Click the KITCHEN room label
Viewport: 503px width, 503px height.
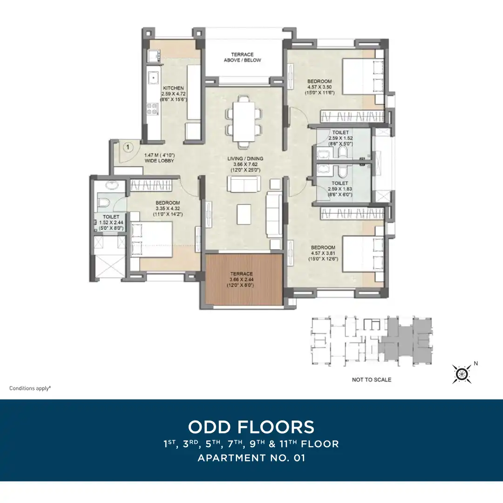pos(173,88)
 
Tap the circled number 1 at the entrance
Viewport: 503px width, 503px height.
pos(128,148)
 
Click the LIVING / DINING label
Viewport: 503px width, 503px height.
pos(245,158)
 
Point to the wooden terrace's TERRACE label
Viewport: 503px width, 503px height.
pos(242,274)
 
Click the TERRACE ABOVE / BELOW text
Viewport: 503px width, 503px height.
pos(243,57)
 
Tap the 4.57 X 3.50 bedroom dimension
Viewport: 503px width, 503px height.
pos(319,87)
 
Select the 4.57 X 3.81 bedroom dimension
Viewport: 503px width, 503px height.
pos(323,253)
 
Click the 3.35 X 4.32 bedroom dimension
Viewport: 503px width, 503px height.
pos(168,209)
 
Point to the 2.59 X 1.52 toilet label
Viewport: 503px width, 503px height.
pos(340,138)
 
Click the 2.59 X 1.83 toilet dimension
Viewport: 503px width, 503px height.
pos(340,189)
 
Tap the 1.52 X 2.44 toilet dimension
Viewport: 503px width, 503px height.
pos(111,223)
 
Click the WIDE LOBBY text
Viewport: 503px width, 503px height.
pos(159,161)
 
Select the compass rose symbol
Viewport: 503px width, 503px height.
pos(462,374)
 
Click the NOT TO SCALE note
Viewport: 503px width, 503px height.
pos(372,380)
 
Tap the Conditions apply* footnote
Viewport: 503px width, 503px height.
pos(30,388)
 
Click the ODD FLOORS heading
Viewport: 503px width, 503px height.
pos(251,427)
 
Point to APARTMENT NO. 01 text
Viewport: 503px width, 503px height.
pos(251,458)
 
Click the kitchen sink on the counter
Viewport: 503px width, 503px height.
pos(154,78)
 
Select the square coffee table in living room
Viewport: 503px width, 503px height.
pos(244,214)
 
